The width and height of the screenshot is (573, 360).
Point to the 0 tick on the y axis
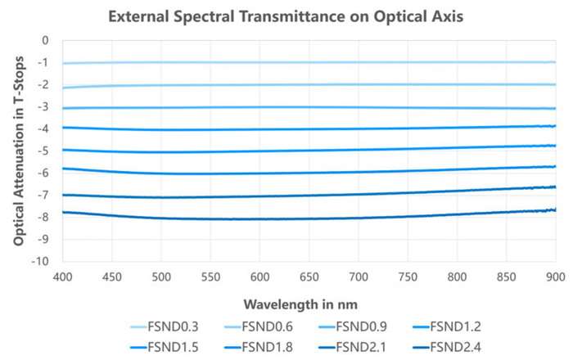coord(46,40)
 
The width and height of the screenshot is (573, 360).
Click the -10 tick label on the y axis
coord(41,262)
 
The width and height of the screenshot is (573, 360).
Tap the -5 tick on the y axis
coord(43,151)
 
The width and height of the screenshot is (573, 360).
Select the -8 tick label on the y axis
coord(43,218)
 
